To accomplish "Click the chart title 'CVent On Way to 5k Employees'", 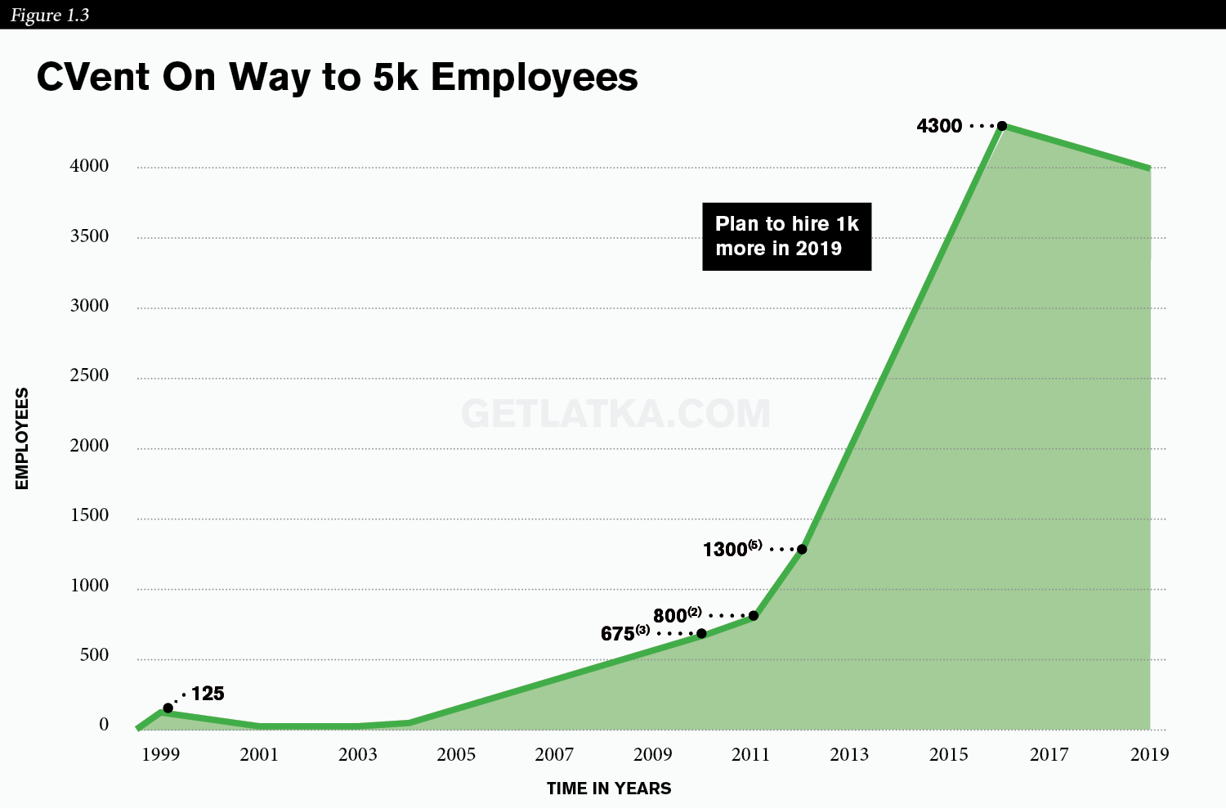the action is point(337,77).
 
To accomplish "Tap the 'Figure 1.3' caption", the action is point(50,15).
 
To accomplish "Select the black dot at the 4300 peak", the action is point(1001,126).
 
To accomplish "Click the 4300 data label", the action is point(939,126).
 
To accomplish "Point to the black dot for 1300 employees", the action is point(802,550).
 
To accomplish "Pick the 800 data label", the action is point(677,615).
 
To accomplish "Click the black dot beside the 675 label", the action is point(701,634).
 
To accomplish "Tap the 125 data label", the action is point(208,694).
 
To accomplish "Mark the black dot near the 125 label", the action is point(168,708).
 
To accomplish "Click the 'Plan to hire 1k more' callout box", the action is point(786,236).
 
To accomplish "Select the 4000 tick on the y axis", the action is point(89,166).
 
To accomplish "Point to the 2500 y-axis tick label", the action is point(89,375).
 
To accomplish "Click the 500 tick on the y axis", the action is point(94,655).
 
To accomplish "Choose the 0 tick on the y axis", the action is point(104,725).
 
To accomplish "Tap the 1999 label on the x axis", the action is point(161,755).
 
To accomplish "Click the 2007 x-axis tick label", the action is point(554,755).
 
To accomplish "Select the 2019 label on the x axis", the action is point(1149,755).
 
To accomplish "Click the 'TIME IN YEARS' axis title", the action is point(609,789).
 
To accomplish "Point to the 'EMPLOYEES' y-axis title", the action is point(21,438).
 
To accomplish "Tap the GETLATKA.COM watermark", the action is point(615,414).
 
